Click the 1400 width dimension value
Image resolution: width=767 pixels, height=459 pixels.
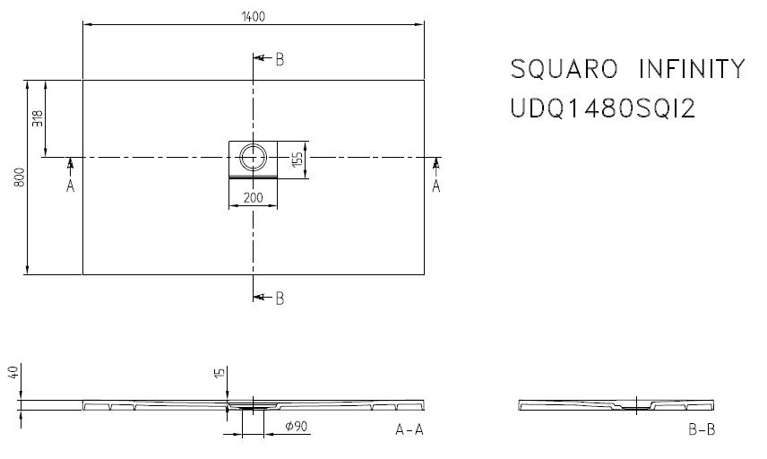pyautogui.click(x=253, y=17)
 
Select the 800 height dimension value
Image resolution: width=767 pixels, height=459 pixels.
pyautogui.click(x=20, y=178)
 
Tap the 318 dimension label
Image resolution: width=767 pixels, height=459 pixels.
pyautogui.click(x=38, y=118)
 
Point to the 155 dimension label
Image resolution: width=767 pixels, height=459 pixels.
pyautogui.click(x=297, y=160)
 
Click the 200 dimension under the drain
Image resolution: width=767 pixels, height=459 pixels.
pyautogui.click(x=253, y=198)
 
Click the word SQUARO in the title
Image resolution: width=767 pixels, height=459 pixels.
pyautogui.click(x=564, y=69)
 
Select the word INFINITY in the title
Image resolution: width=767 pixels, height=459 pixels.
pyautogui.click(x=692, y=69)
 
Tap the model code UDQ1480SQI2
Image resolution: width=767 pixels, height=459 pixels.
pyautogui.click(x=603, y=108)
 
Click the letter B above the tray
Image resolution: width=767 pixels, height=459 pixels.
pyautogui.click(x=280, y=60)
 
